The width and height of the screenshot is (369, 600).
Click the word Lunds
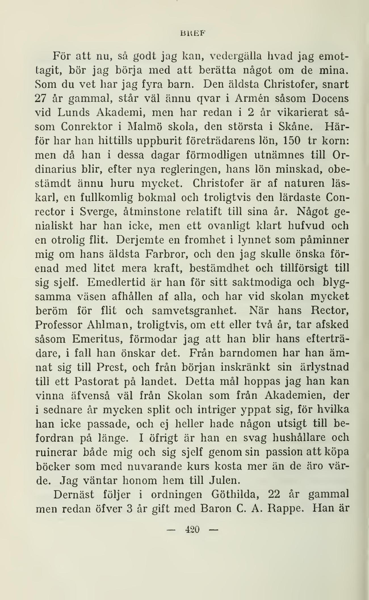[74, 112]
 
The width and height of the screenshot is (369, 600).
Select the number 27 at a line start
[42, 98]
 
